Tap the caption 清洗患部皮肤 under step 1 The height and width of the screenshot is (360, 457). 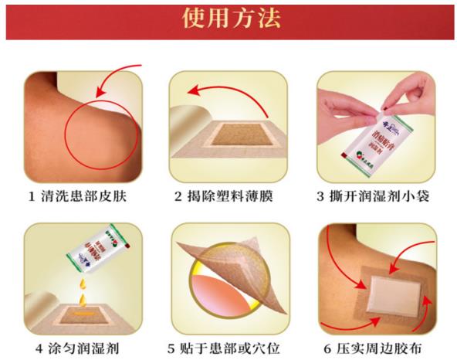86,196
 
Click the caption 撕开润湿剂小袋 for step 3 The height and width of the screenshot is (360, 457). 385,196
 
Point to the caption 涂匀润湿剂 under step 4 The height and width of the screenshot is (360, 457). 86,347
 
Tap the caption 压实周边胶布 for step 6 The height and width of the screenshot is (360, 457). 390,347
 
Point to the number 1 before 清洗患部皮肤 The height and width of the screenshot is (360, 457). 32,196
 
